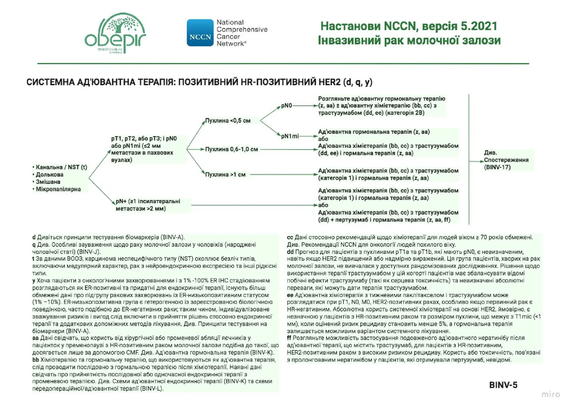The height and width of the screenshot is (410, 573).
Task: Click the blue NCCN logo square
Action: [200, 33]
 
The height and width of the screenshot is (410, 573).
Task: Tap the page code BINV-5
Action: [503, 385]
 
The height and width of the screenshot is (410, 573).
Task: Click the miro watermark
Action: [551, 394]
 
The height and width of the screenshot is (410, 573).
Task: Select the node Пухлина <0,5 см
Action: [228, 121]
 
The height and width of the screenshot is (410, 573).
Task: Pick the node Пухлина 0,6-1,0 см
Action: [231, 149]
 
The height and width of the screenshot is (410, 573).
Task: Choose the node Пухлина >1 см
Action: [225, 175]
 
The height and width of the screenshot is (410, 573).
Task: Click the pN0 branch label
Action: [286, 105]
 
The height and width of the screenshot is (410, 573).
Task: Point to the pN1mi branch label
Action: [289, 136]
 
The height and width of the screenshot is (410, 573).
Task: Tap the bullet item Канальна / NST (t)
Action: [61, 167]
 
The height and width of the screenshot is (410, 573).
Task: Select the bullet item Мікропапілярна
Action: [58, 189]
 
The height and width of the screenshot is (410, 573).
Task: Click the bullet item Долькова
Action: [50, 175]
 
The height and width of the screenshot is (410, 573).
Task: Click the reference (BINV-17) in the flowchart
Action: [497, 167]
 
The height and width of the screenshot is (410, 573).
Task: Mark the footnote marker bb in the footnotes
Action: [36, 360]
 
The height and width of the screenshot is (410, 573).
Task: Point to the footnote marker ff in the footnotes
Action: [289, 338]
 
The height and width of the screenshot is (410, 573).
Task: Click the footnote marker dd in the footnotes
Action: [290, 252]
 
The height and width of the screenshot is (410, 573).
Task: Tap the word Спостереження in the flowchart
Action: [506, 160]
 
